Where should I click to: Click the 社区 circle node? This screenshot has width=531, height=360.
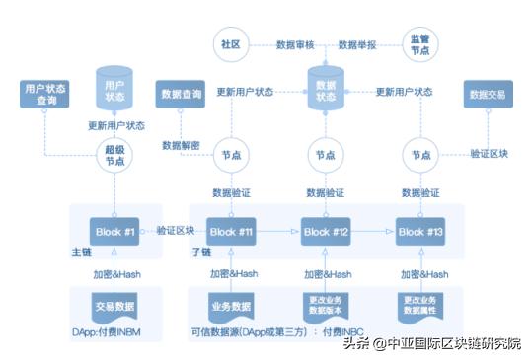pos(230,44)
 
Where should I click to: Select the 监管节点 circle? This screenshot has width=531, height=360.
pos(418,44)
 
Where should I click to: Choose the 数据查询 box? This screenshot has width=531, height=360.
pos(180,95)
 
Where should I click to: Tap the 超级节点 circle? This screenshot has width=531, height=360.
pos(115,154)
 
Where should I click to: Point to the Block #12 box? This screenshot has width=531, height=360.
pos(327,232)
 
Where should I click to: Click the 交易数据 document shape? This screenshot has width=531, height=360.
pos(113,306)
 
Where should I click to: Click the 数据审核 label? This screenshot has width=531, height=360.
pos(294,45)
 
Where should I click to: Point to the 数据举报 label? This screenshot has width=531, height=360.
pos(356,45)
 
